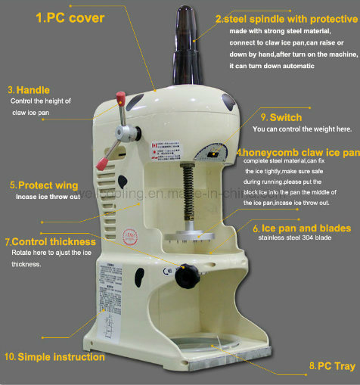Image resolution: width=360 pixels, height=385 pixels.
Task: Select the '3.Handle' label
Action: pos(29,89)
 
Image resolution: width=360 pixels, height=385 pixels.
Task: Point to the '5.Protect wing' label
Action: pos(44,185)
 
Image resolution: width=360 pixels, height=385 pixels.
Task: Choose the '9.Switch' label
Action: pos(281,117)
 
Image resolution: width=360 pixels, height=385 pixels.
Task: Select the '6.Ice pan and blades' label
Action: pos(301,228)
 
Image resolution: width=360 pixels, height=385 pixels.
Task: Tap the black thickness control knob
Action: pos(185,276)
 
